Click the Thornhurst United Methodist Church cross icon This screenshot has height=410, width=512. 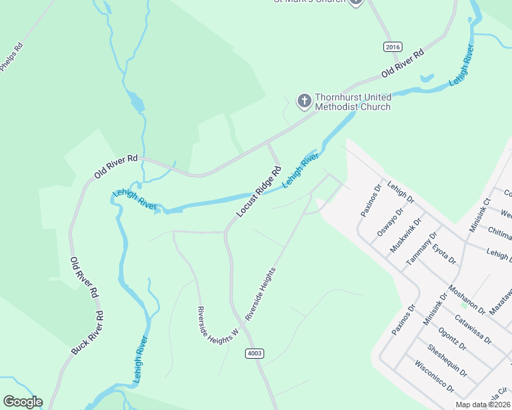click(x=304, y=101)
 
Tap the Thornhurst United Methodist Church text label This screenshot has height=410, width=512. click(x=353, y=102)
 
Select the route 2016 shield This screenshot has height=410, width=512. click(x=392, y=46)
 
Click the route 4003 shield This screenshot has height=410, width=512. click(x=253, y=353)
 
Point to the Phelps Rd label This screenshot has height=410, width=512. click(x=12, y=57)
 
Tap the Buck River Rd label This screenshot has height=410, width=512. click(x=88, y=333)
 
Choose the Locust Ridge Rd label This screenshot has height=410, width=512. click(x=259, y=192)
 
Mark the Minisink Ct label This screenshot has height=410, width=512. click(x=479, y=214)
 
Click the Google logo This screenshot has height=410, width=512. click(x=23, y=402)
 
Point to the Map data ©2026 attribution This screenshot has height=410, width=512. click(x=483, y=405)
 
